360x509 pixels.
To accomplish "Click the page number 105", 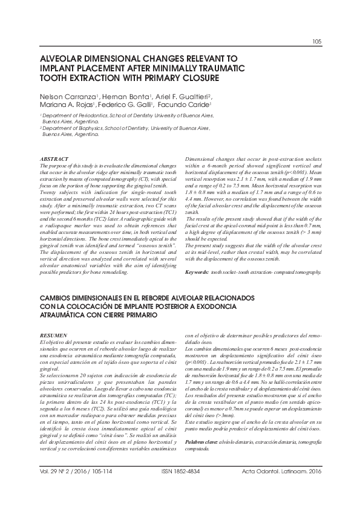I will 316,42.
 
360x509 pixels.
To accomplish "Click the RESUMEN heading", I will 52,334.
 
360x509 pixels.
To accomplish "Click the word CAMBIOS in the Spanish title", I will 58,299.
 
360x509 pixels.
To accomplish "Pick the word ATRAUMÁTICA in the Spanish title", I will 67,316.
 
